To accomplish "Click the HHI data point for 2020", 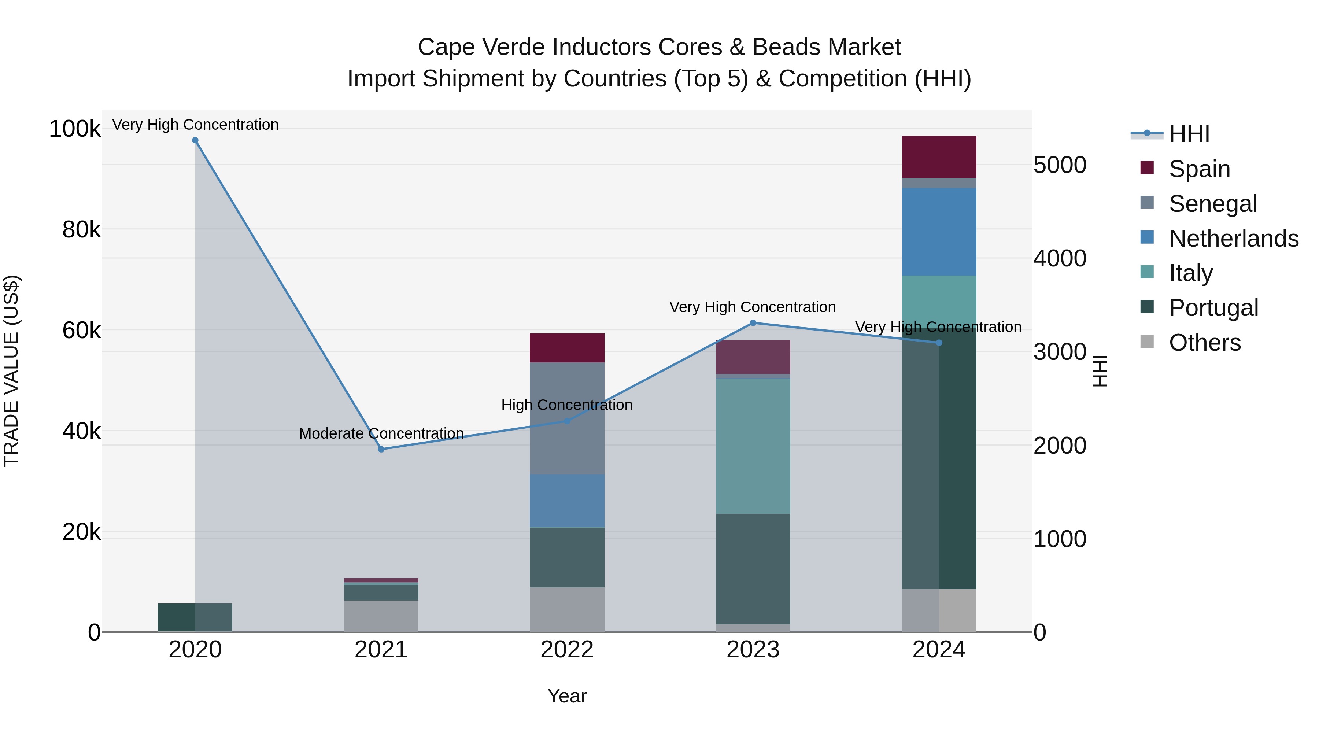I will pyautogui.click(x=195, y=140).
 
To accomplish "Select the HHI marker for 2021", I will pyautogui.click(x=381, y=449).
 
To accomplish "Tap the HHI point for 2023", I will pyautogui.click(x=753, y=323).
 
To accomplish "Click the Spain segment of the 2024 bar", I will pyautogui.click(x=939, y=157).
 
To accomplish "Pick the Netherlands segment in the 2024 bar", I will pyautogui.click(x=939, y=232).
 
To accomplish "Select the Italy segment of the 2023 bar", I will pyautogui.click(x=753, y=446).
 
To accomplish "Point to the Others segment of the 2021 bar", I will pyautogui.click(x=381, y=616).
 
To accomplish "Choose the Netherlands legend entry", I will pyautogui.click(x=1233, y=239).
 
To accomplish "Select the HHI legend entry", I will pyautogui.click(x=1189, y=134).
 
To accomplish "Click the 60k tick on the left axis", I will pyautogui.click(x=81, y=330).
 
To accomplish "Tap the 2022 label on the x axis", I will pyautogui.click(x=567, y=650).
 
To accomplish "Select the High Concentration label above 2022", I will pyautogui.click(x=567, y=405).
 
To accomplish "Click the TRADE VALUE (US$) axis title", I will pyautogui.click(x=12, y=371).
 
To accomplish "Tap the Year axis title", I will pyautogui.click(x=567, y=696).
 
